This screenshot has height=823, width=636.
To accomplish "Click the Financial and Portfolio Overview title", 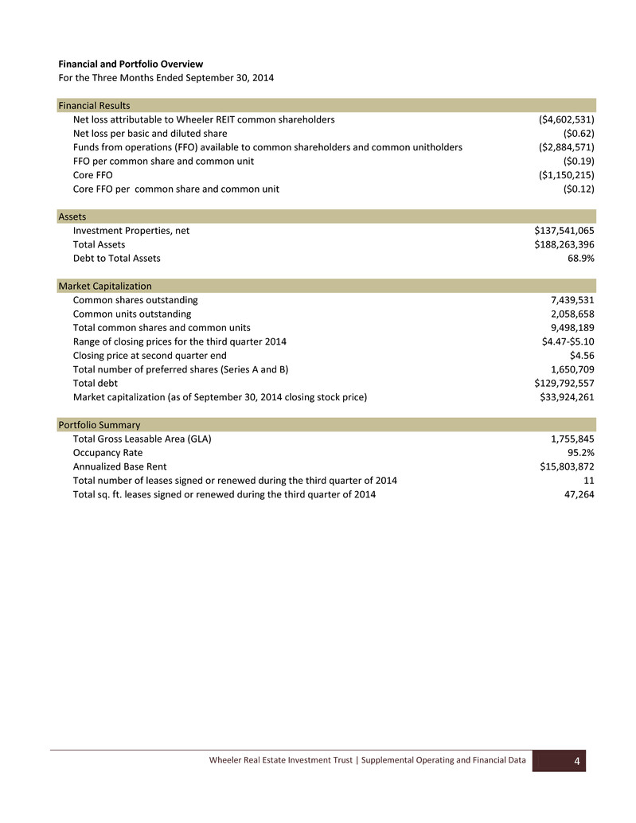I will [131, 63].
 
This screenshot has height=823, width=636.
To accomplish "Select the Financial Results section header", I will [94, 106].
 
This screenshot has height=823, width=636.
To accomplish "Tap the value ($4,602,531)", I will [567, 120].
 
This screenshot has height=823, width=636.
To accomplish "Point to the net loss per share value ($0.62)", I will [579, 134].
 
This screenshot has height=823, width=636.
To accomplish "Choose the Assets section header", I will [72, 216].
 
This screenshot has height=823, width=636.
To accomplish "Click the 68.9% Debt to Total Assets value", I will [579, 258].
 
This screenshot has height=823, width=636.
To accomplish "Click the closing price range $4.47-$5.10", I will [563, 341].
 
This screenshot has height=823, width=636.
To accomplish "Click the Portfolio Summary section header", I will [99, 425].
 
